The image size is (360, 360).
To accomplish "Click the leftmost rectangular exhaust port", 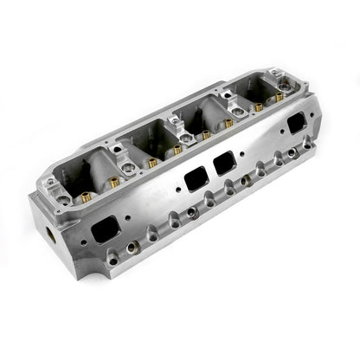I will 106,229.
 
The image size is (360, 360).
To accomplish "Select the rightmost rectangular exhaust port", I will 296,122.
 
